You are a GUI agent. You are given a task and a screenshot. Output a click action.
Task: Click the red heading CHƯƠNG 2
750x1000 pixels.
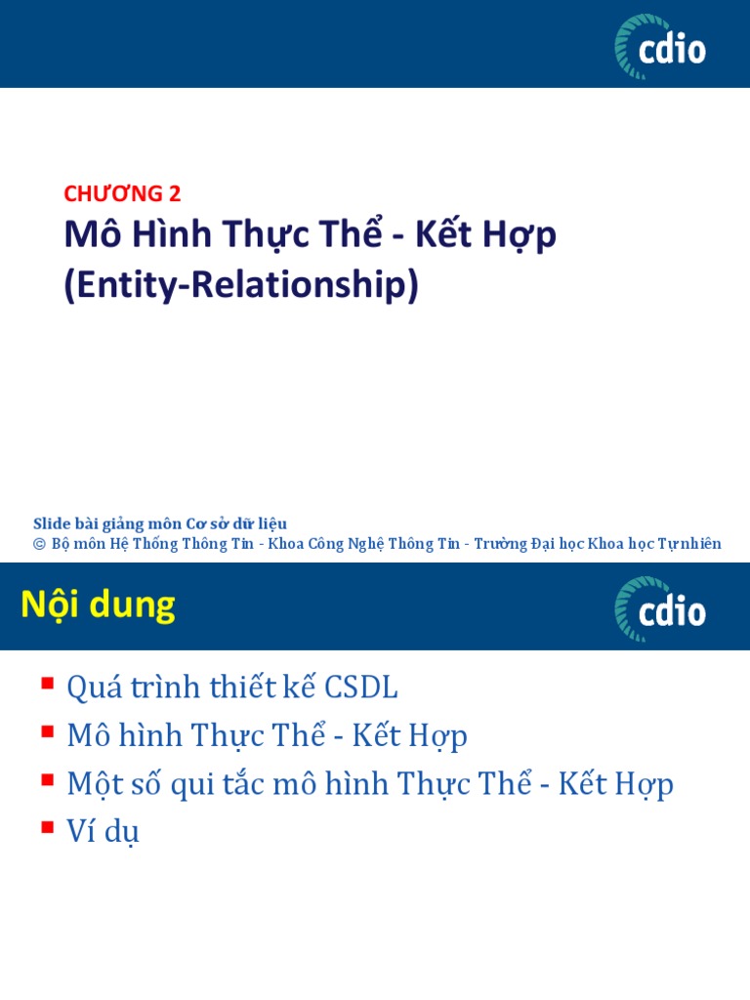(122, 193)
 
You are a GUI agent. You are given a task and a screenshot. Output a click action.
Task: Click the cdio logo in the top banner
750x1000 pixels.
(660, 46)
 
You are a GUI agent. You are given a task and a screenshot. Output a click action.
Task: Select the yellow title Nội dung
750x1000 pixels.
(98, 606)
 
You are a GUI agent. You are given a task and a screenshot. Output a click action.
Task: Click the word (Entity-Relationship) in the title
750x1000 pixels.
(241, 285)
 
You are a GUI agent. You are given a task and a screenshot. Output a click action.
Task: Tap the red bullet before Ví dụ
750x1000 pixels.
(47, 827)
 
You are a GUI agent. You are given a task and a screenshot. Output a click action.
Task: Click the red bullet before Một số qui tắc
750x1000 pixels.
(47, 779)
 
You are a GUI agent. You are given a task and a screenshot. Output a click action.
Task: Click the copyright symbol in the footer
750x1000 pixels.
(40, 544)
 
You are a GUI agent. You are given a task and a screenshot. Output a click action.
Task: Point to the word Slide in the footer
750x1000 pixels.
(52, 524)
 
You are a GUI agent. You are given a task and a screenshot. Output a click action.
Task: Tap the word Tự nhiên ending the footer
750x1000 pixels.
(694, 544)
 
